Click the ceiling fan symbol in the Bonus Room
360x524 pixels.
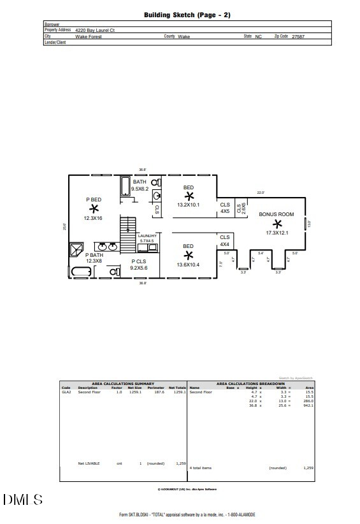point(277,224)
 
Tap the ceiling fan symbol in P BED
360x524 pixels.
point(94,208)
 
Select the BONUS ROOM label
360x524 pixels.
point(277,214)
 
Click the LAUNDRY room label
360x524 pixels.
point(147,236)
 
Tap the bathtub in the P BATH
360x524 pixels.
point(81,272)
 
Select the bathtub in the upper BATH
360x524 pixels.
point(126,187)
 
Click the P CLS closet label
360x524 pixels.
point(138,261)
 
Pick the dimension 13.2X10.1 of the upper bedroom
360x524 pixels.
point(189,205)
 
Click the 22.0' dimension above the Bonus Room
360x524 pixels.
point(260,193)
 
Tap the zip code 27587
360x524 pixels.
point(298,37)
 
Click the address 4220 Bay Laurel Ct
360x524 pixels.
point(96,30)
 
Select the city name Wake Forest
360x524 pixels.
point(89,37)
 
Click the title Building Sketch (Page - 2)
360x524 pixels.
point(187,14)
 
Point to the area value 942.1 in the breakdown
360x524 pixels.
point(308,405)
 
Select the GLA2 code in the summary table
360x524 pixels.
point(66,392)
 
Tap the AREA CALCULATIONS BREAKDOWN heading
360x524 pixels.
point(250,384)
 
